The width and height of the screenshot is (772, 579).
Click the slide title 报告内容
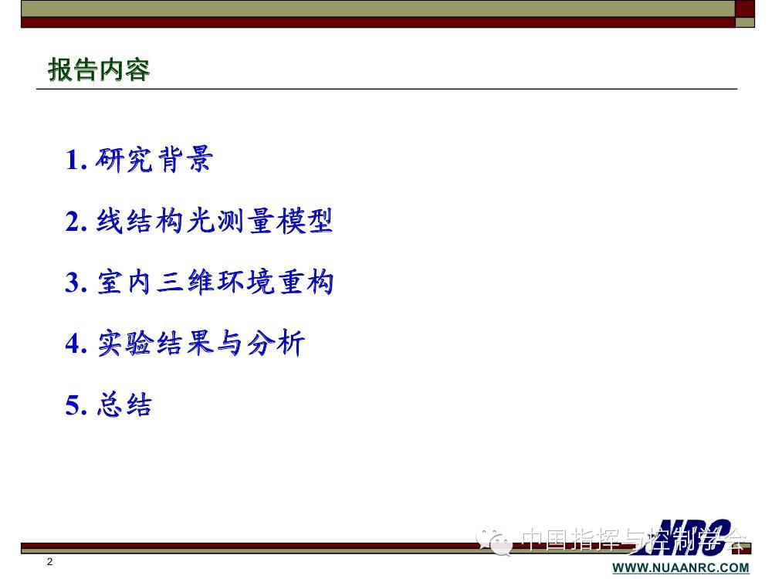pos(99,69)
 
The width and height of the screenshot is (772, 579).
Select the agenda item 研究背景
pos(154,160)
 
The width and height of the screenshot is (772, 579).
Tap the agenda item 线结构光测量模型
pos(215,221)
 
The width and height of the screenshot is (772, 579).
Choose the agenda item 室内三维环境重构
pos(215,282)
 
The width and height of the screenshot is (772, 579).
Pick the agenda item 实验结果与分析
pos(201,344)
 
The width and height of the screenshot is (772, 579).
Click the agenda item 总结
pos(124,405)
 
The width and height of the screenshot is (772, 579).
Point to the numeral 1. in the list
pos(76,161)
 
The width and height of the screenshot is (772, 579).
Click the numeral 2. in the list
pos(76,222)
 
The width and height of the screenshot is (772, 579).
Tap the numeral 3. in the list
pos(76,283)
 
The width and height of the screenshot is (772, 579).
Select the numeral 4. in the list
pos(76,344)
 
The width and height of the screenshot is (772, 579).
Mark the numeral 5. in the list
pos(76,406)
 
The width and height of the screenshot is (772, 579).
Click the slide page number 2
pos(49,562)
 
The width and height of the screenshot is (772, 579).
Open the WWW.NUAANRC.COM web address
pos(681,567)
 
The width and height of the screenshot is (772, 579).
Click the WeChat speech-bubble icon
pos(494,542)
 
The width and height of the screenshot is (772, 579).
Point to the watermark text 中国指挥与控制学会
pos(634,539)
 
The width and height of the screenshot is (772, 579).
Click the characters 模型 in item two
pos(304,221)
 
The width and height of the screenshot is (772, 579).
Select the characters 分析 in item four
pos(276,344)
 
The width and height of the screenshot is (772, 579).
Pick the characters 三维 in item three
pos(185,282)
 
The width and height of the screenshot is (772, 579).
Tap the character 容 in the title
pos(137,69)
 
